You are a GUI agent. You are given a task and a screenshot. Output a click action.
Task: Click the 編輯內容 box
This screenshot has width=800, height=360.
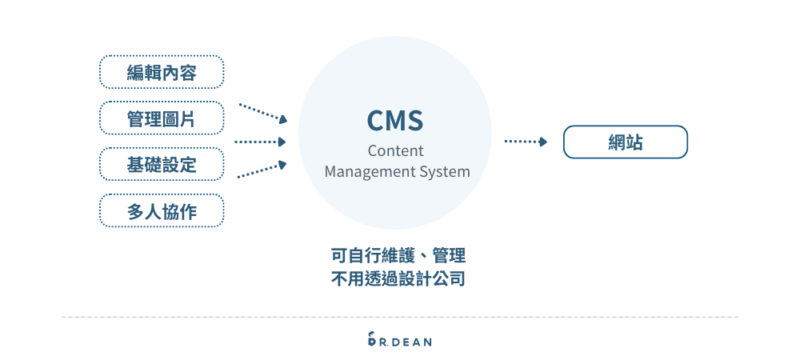pos(162,73)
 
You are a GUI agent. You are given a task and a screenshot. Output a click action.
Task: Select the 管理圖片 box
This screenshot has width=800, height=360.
pos(162,118)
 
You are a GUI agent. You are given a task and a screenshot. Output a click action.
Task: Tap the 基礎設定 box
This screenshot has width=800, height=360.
pos(162,165)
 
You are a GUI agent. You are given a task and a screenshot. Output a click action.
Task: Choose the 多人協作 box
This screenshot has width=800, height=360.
pos(162,210)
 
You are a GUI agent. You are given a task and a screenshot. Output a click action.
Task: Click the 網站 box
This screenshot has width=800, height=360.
pos(626,142)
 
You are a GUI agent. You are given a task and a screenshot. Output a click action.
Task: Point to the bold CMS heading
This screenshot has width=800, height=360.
pos(394,120)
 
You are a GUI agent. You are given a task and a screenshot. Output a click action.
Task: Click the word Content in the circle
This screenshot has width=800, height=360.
pos(395,150)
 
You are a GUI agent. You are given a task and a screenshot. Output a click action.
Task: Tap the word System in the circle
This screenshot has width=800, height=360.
pos(445,171)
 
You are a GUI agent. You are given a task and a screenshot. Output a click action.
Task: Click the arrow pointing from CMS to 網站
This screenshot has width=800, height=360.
pos(526,142)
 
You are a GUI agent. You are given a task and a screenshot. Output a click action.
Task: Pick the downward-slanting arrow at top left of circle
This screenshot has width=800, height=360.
pos(262,112)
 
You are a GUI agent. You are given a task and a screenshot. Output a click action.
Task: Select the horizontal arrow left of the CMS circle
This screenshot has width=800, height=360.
pos(260,142)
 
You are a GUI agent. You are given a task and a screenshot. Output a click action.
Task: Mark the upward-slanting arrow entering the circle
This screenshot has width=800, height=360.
pos(262,170)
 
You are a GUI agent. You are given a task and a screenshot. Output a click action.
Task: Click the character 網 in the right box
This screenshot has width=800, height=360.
pos(616,142)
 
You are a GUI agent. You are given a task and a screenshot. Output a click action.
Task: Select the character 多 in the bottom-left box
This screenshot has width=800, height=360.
pos(135,211)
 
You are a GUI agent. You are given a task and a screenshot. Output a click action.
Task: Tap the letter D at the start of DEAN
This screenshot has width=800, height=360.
pos(396,342)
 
